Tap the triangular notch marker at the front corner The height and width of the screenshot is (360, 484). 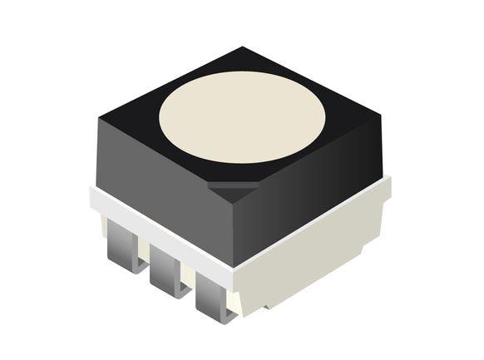(232, 190)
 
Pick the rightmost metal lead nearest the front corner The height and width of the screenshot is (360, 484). (214, 295)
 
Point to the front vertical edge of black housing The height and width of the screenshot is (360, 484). (235, 229)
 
